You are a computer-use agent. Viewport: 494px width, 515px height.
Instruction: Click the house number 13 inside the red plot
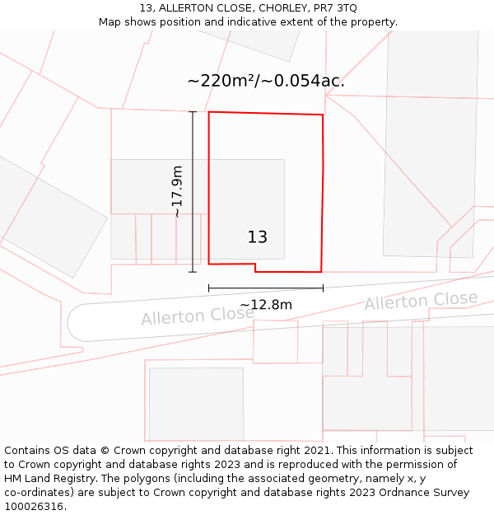pyautogui.click(x=258, y=237)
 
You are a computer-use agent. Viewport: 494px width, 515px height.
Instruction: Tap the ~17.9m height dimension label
pyautogui.click(x=177, y=191)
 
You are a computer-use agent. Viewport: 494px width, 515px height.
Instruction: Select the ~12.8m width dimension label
pyautogui.click(x=266, y=305)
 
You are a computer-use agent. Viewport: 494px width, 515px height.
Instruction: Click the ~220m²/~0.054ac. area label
pyautogui.click(x=265, y=81)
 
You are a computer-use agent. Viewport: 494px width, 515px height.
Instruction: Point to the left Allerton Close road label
pyautogui.click(x=198, y=316)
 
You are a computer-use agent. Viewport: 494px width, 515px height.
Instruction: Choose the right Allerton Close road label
pyautogui.click(x=421, y=301)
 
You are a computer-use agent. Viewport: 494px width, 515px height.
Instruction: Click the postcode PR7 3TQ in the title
pyautogui.click(x=334, y=8)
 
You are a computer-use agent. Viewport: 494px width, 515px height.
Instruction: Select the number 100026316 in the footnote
pyautogui.click(x=33, y=507)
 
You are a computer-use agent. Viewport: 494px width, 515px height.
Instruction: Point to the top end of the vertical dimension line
pyautogui.click(x=193, y=111)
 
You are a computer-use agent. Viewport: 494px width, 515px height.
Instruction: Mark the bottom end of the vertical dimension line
pyautogui.click(x=193, y=272)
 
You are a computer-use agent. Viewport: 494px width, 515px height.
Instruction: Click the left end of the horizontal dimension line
pyautogui.click(x=209, y=288)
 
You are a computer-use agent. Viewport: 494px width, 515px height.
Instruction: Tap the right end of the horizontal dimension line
pyautogui.click(x=323, y=288)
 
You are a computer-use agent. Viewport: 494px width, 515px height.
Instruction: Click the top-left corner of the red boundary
pyautogui.click(x=209, y=112)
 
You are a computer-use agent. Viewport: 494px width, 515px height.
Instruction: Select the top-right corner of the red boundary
pyautogui.click(x=322, y=115)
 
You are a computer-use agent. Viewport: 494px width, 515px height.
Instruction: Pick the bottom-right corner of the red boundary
pyautogui.click(x=320, y=271)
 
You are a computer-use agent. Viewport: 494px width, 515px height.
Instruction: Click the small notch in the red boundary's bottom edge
pyautogui.click(x=255, y=268)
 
